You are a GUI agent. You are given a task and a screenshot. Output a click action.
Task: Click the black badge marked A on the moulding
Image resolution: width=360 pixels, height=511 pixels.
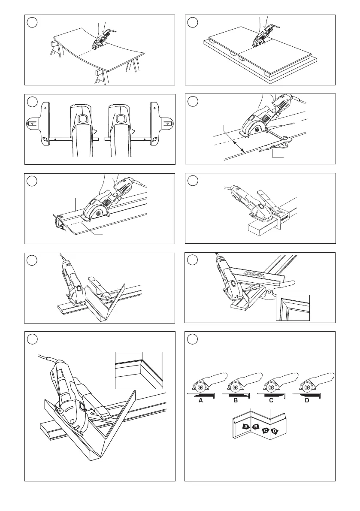click(x=246, y=426)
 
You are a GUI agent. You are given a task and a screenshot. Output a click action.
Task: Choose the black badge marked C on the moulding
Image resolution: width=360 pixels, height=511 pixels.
click(x=266, y=430)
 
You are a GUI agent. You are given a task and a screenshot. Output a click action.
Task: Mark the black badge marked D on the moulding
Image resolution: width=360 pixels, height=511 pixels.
click(x=275, y=431)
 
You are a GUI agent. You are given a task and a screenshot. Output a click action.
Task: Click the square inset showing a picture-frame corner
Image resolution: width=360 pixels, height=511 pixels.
click(x=293, y=307)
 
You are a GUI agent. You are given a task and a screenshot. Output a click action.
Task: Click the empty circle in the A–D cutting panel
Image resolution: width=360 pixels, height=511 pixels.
click(x=193, y=338)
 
